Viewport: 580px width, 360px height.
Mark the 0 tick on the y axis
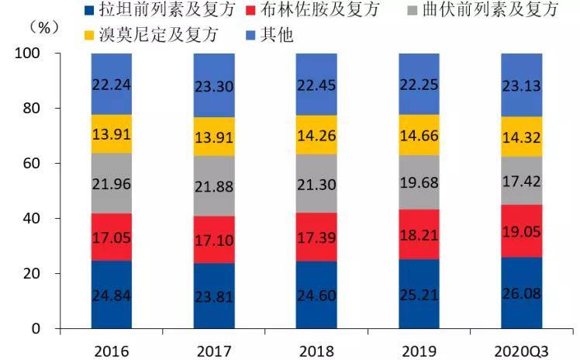click(36, 329)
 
